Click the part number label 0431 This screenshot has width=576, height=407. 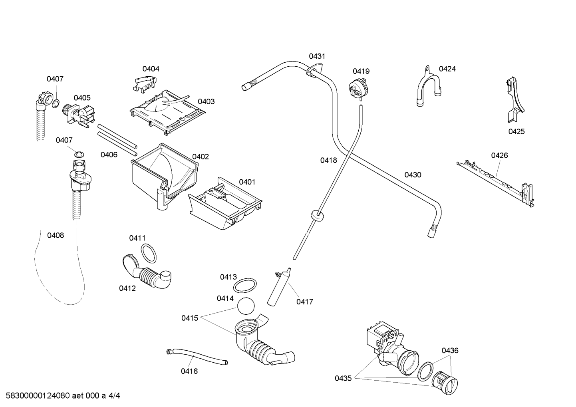click(x=317, y=56)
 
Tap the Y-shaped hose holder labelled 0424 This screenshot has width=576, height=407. click(x=428, y=86)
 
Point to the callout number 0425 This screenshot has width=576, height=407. click(x=516, y=132)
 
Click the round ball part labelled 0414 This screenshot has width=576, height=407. click(x=246, y=306)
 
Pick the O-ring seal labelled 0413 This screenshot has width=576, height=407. click(x=245, y=285)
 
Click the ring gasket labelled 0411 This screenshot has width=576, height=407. click(x=149, y=253)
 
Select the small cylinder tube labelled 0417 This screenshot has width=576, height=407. click(x=279, y=287)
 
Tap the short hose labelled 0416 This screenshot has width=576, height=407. click(x=197, y=356)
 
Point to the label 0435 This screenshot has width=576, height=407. click(x=343, y=378)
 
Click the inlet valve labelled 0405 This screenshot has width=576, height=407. click(x=79, y=116)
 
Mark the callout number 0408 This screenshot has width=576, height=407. click(x=56, y=235)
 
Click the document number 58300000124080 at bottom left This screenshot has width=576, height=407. click(x=38, y=395)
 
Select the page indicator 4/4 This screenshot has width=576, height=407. click(x=114, y=395)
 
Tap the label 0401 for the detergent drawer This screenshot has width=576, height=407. click(x=247, y=182)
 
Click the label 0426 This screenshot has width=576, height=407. click(x=500, y=155)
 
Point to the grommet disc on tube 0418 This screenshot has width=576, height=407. click(x=318, y=215)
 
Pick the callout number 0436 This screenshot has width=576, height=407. click(x=450, y=350)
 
